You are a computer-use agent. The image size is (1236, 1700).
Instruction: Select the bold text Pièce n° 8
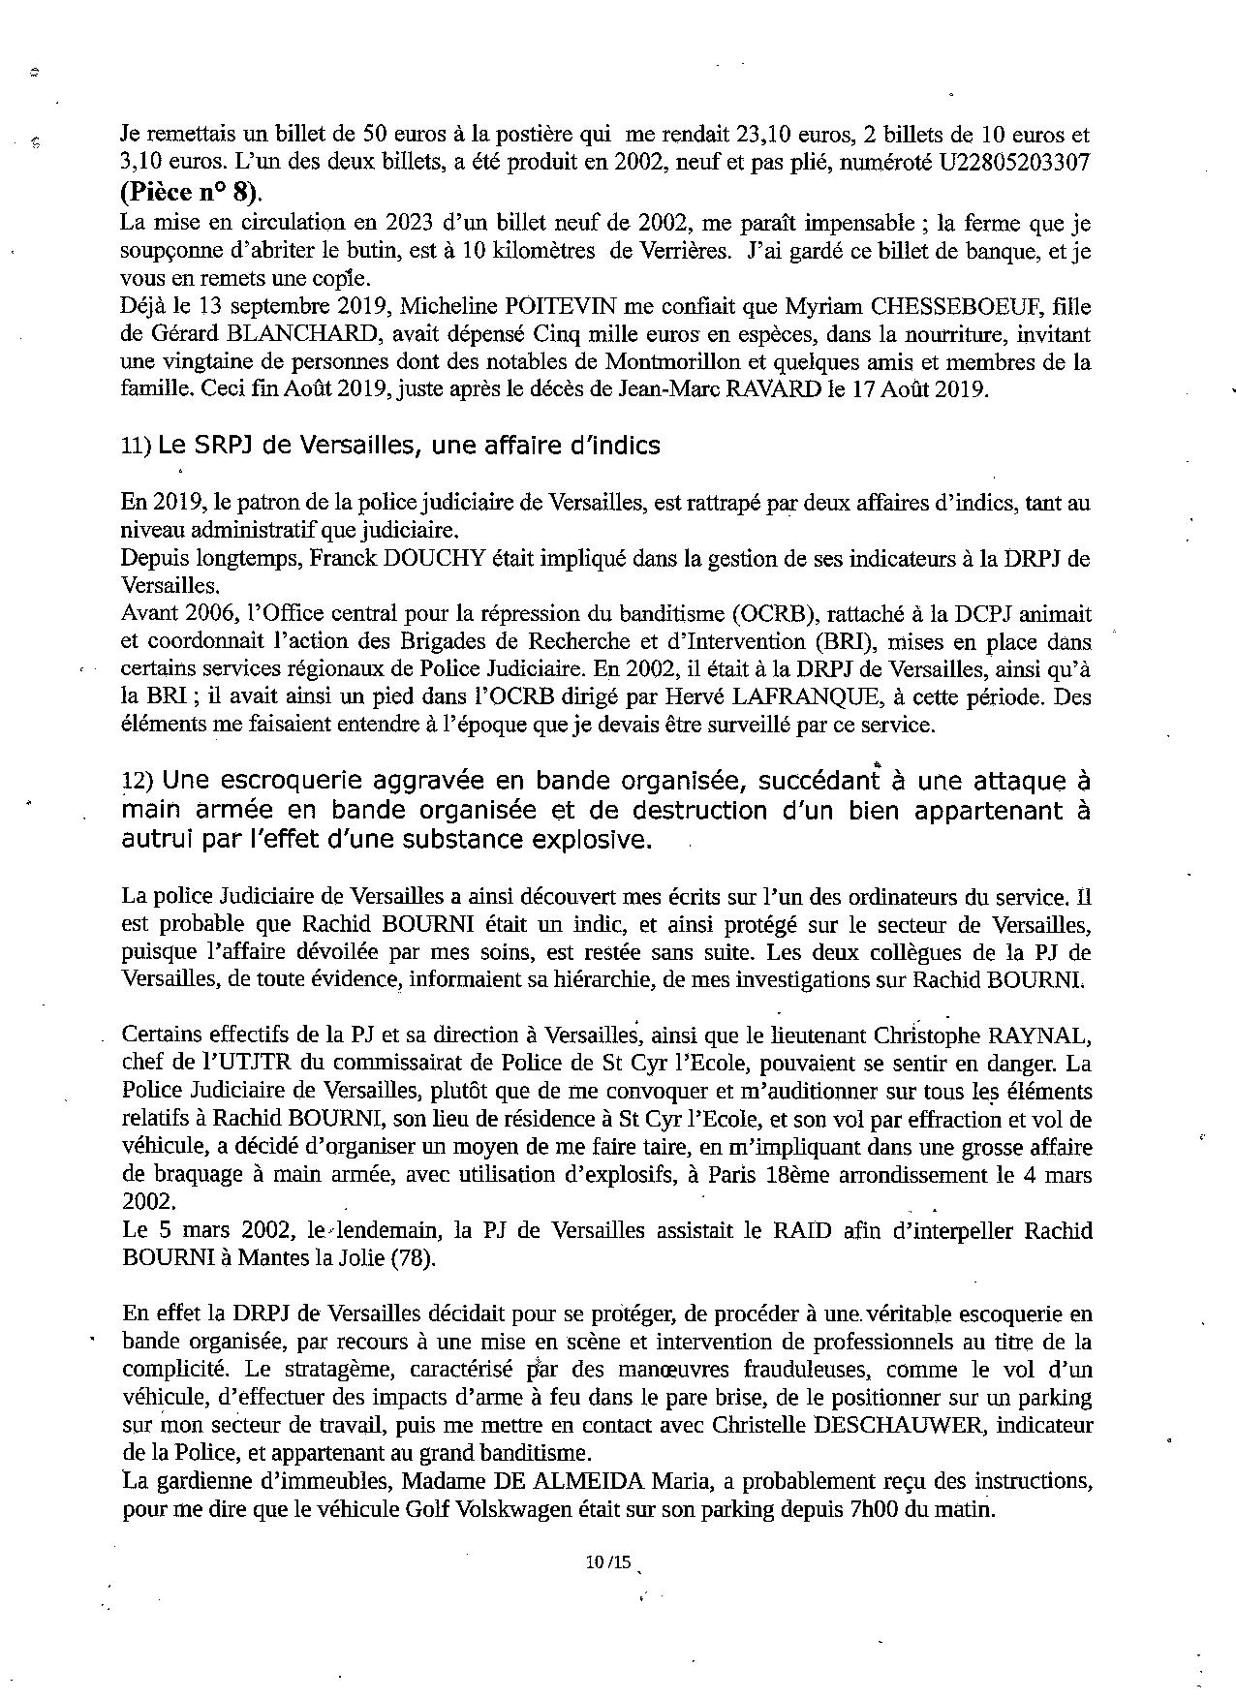click(191, 190)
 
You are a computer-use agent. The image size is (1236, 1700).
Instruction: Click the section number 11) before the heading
click(135, 446)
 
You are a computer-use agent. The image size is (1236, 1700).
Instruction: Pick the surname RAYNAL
click(1036, 1035)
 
